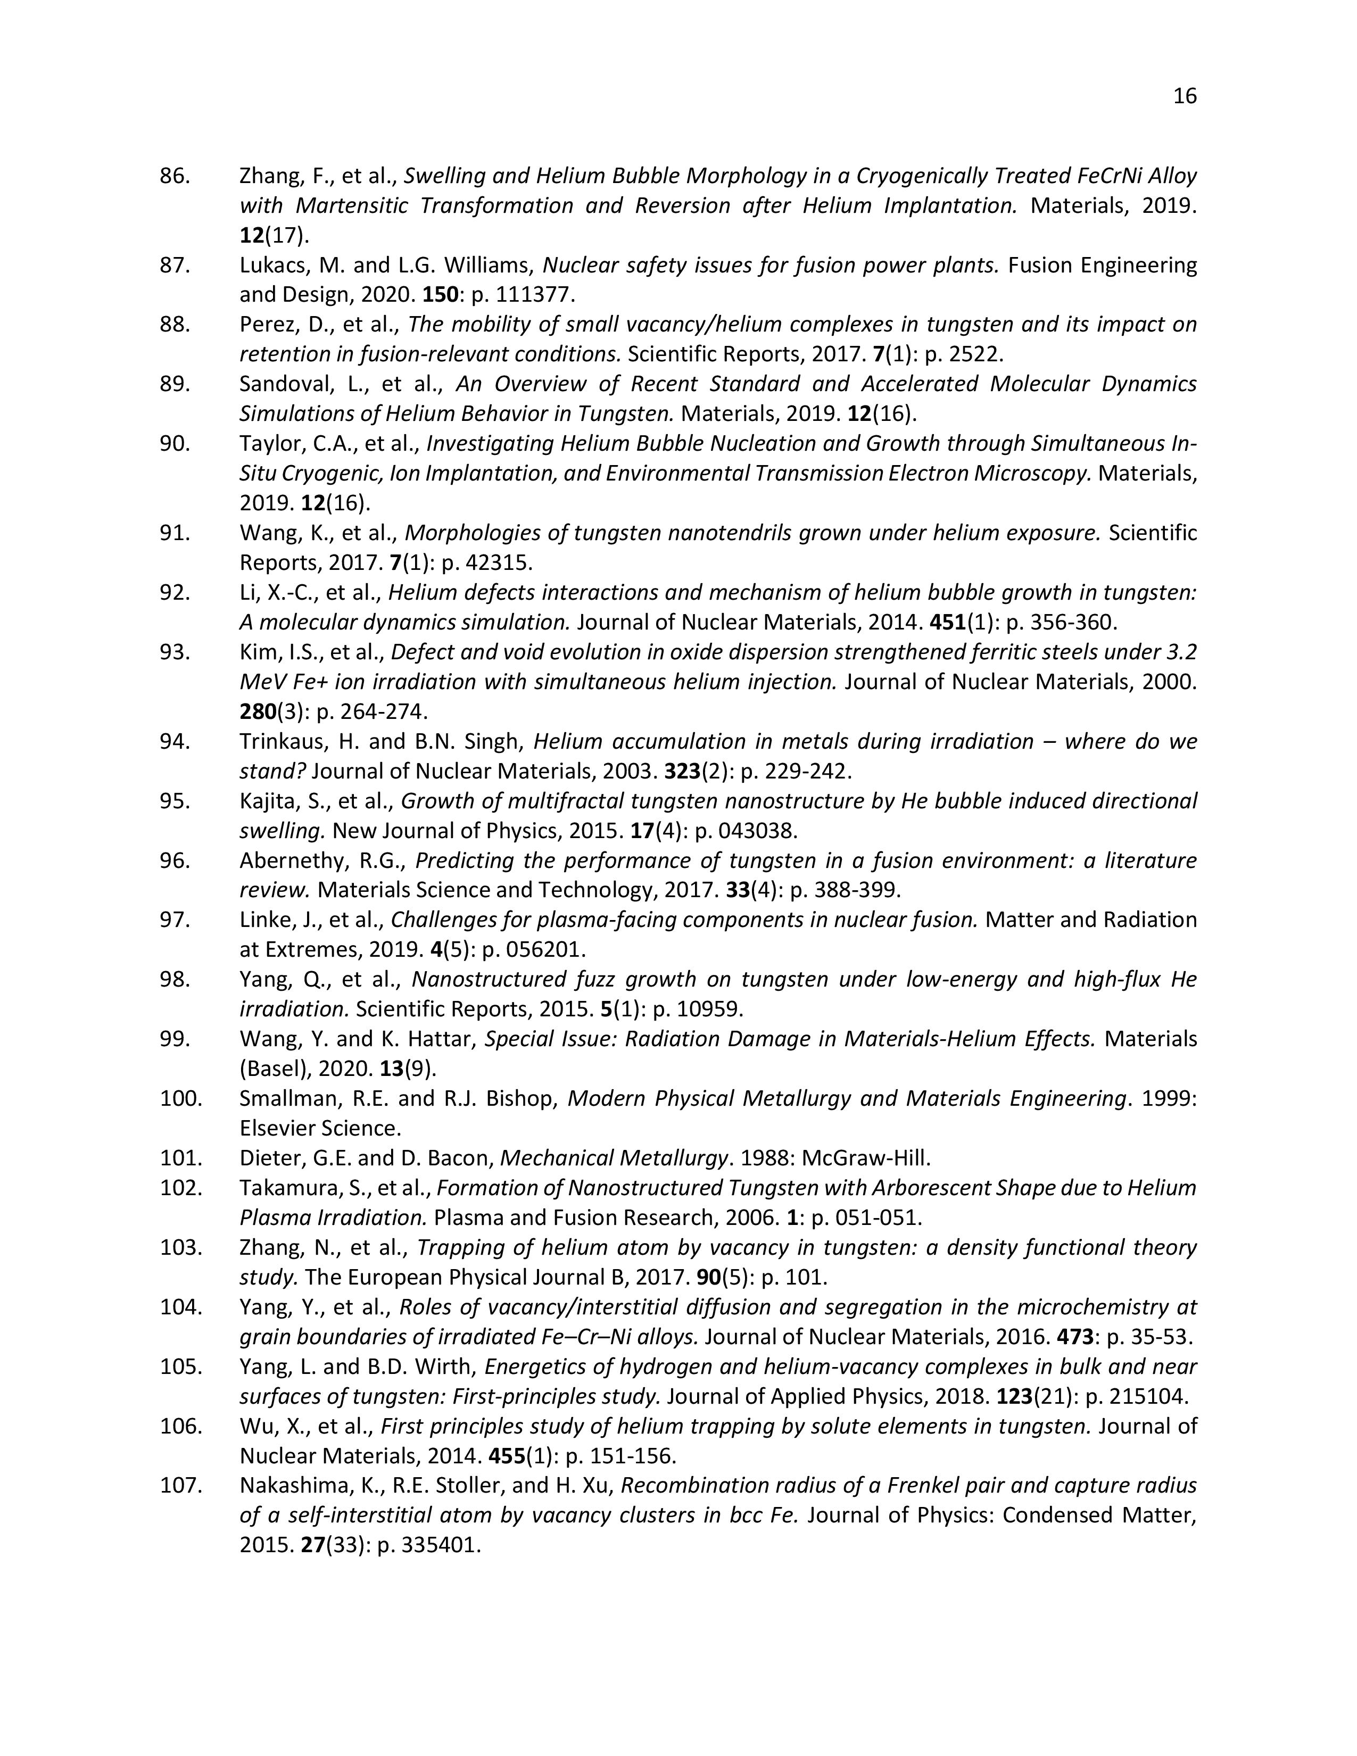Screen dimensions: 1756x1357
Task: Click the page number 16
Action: click(x=1185, y=96)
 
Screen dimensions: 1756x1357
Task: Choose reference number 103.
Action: click(x=180, y=1247)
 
